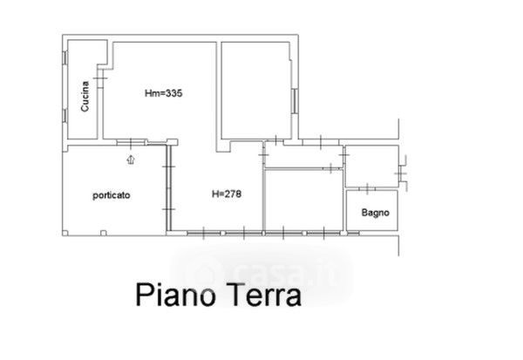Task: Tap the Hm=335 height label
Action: click(164, 92)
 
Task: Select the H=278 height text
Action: click(225, 193)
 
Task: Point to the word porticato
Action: click(111, 195)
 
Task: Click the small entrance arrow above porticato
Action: click(131, 159)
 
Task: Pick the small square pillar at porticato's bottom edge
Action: click(104, 232)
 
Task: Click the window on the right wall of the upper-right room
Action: click(296, 99)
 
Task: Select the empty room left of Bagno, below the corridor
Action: click(303, 200)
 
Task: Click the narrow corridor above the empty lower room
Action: click(303, 156)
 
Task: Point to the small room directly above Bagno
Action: click(370, 166)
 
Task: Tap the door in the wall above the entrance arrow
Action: click(131, 144)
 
